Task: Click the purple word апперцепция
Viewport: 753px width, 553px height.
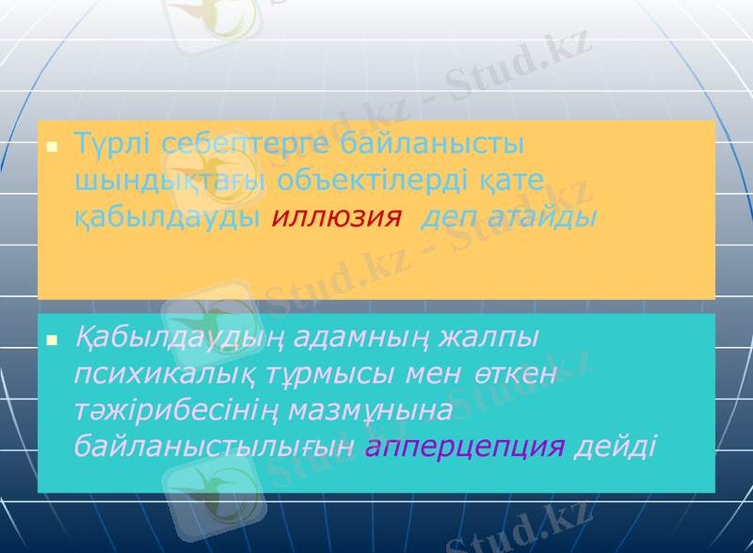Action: [465, 445]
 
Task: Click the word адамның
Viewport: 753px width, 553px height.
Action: [365, 337]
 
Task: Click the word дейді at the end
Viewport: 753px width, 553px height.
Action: [616, 445]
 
